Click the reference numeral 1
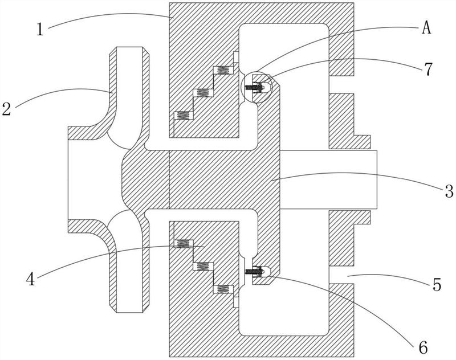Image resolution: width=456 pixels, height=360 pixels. pyautogui.click(x=40, y=29)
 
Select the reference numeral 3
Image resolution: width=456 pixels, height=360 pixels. pyautogui.click(x=449, y=191)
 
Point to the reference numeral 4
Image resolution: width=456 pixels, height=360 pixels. pyautogui.click(x=31, y=280)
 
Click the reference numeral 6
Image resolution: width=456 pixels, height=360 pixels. pyautogui.click(x=423, y=347)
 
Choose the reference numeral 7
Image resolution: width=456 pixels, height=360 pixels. pyautogui.click(x=428, y=69)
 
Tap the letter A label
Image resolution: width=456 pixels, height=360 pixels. pyautogui.click(x=426, y=28)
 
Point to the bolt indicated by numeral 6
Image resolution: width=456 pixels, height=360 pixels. pyautogui.click(x=255, y=271)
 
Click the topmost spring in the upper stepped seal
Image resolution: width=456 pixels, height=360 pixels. pyautogui.click(x=223, y=70)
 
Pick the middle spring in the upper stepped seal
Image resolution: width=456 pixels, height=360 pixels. pyautogui.click(x=203, y=93)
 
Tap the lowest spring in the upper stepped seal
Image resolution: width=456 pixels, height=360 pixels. pyautogui.click(x=183, y=116)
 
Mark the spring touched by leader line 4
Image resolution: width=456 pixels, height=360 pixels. pyautogui.click(x=183, y=243)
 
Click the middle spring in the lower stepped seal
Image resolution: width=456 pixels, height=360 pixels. pyautogui.click(x=203, y=266)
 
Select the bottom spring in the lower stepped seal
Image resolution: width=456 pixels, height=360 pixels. pyautogui.click(x=223, y=289)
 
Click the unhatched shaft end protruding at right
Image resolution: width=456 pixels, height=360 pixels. pyautogui.click(x=328, y=179)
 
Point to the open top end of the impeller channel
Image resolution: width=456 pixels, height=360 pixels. pyautogui.click(x=130, y=47)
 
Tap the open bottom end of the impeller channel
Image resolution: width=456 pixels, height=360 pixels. pyautogui.click(x=130, y=312)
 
